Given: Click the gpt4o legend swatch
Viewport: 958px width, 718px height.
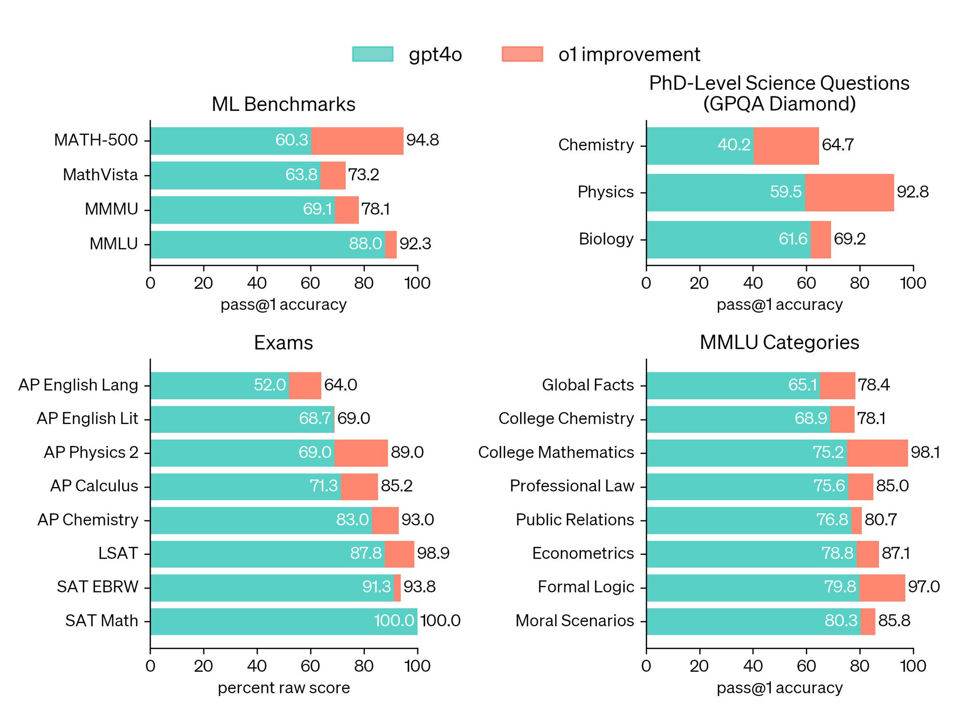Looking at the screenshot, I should [372, 54].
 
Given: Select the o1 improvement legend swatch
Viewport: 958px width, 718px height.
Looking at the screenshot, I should [522, 54].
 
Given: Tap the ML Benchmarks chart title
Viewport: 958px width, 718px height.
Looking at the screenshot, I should [283, 104].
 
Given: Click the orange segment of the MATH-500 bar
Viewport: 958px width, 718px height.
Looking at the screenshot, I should [357, 141].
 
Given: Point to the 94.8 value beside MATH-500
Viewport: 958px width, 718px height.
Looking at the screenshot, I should [422, 140].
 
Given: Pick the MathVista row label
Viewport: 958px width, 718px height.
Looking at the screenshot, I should [101, 175].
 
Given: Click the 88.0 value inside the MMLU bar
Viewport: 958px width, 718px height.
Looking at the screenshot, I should [365, 244].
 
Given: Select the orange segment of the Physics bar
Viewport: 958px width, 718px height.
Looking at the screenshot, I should [849, 193].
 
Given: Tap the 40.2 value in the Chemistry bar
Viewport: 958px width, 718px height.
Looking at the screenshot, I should [734, 145].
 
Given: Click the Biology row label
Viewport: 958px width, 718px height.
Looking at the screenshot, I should [606, 239].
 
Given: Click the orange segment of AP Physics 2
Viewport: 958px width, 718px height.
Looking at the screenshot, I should [361, 452].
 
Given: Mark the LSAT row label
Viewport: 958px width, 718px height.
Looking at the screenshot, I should [118, 553].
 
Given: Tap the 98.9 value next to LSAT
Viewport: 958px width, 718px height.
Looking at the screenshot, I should [433, 553].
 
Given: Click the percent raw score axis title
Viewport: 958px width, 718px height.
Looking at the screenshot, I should [283, 688].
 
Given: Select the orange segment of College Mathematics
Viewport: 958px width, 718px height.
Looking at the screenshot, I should [877, 452].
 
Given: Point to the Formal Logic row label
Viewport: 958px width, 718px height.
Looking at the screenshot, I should [586, 587].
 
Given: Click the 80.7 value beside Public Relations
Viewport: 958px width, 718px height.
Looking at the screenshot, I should [880, 520].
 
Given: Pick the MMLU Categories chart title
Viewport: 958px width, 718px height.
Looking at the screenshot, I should [779, 343].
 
